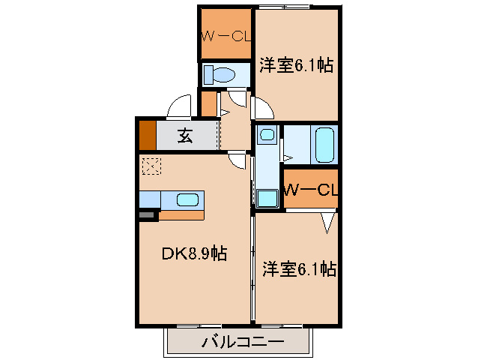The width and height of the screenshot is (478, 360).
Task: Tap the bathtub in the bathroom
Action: [324, 144]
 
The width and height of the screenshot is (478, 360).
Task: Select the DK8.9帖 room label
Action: [194, 254]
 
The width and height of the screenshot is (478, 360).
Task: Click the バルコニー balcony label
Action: [242, 343]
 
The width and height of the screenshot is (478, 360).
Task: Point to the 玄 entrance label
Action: [185, 136]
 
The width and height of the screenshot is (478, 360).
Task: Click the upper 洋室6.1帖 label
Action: [297, 65]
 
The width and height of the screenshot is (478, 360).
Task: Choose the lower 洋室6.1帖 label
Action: [298, 268]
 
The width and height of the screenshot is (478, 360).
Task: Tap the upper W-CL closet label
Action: [226, 34]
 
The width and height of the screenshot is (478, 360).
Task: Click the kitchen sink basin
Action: [188, 199]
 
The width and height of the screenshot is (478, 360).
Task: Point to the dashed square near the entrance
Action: [151, 166]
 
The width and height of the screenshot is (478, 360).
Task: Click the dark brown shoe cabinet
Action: [147, 135]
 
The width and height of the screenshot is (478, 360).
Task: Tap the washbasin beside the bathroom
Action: [267, 136]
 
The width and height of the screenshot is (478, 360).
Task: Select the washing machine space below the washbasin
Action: [267, 198]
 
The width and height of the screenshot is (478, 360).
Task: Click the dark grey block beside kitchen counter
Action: [147, 215]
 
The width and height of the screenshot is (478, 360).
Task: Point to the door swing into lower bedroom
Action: [327, 221]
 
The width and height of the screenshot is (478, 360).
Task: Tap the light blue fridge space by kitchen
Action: [150, 199]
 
